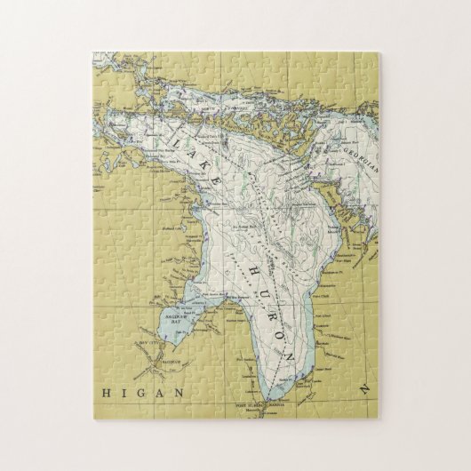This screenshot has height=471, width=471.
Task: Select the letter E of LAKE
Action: pos(216,180)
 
